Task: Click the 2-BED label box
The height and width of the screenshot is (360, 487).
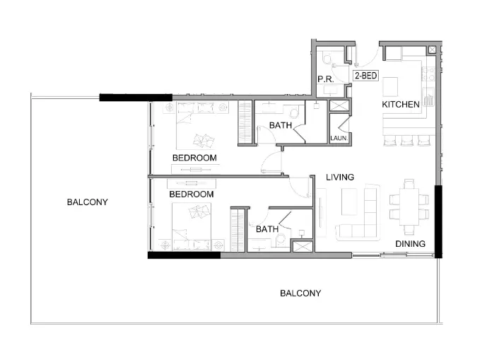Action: pos(364,74)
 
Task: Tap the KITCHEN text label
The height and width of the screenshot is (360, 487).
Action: pos(401,105)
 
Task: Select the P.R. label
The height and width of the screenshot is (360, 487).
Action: pos(325,79)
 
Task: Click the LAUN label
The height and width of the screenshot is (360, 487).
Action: pos(338,139)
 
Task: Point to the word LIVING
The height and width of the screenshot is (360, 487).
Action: pos(339,177)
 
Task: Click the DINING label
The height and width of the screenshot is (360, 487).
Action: pos(410,244)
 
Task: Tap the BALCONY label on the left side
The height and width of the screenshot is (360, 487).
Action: pos(87,202)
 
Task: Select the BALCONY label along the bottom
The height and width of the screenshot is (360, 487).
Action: pos(300,293)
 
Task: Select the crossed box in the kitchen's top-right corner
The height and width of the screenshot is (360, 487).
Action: pos(432,50)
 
